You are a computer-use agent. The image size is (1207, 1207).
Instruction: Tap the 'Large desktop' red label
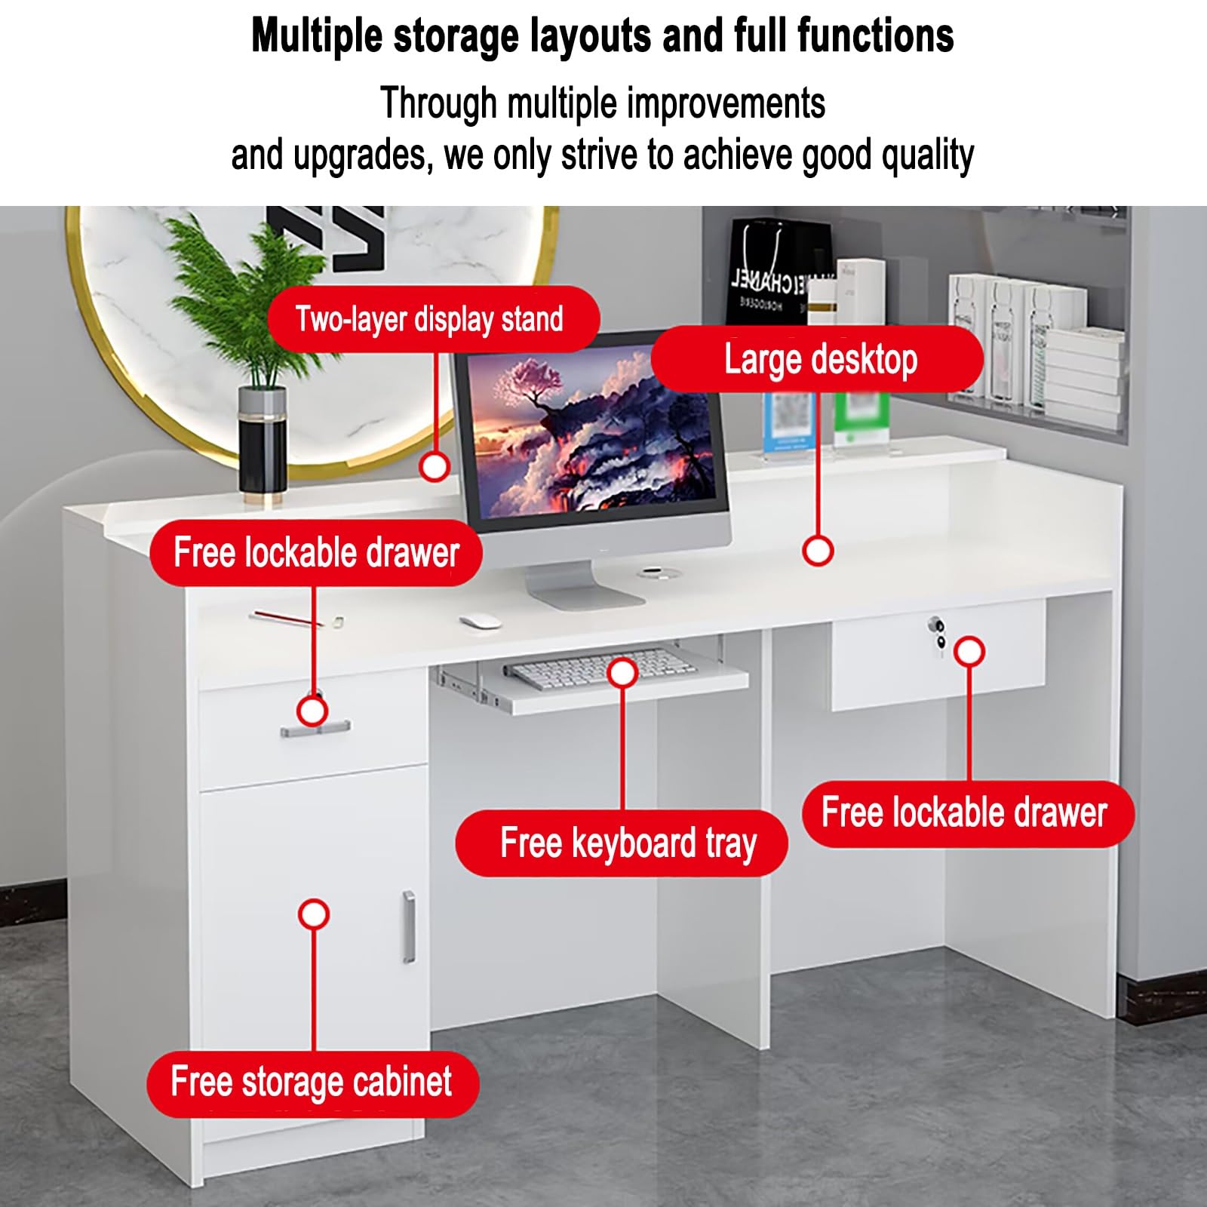point(818,359)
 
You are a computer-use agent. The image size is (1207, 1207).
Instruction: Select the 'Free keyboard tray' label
point(622,843)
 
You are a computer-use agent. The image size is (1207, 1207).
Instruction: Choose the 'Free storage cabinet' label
point(312,1083)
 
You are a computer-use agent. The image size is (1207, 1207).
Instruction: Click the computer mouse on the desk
point(480,622)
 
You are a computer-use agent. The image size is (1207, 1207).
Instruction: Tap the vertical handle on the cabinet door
point(409,926)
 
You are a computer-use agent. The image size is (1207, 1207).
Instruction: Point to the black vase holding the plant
point(262,444)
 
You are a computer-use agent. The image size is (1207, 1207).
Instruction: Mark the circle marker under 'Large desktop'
point(818,551)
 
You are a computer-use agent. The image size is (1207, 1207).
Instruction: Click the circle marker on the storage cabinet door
point(313,914)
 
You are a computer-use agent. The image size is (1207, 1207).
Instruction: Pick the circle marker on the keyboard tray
point(622,671)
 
